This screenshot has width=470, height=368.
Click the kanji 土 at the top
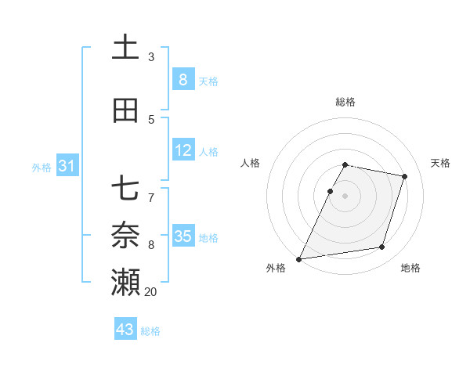[x=126, y=48]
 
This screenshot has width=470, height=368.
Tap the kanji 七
[x=126, y=189]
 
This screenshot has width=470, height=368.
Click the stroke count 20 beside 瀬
[x=150, y=292]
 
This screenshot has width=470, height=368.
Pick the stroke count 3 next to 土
[x=151, y=57]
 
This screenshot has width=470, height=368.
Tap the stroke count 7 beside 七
[x=151, y=191]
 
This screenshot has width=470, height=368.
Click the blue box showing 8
[x=183, y=79]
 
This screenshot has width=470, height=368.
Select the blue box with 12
[x=183, y=150]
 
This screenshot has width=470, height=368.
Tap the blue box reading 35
[x=183, y=236]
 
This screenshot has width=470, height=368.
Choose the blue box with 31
[x=67, y=166]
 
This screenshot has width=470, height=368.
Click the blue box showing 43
[x=125, y=330]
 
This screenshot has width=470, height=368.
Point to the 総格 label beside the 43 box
[x=150, y=331]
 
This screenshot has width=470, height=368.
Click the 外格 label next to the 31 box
[x=42, y=168]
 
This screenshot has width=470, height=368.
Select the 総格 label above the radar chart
[x=345, y=102]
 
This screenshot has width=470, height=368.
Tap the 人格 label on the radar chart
[x=250, y=163]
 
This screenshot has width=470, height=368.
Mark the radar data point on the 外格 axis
[x=299, y=258]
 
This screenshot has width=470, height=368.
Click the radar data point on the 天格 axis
[x=405, y=176]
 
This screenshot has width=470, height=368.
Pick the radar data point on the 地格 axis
[x=382, y=247]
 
